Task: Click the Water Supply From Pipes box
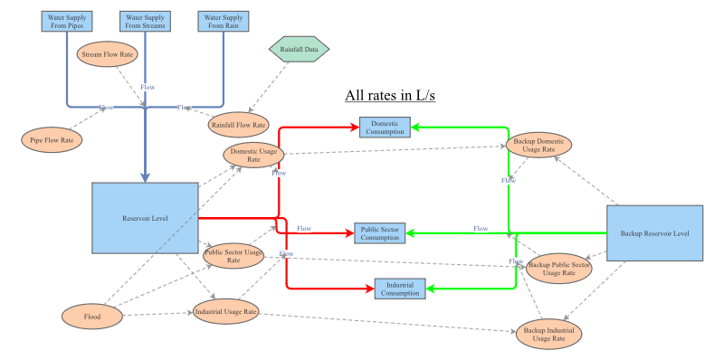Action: [68, 21]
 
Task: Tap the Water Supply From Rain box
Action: [224, 21]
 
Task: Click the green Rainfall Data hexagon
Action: [299, 50]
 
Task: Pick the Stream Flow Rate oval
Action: [108, 54]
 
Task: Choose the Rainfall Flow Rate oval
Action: [238, 125]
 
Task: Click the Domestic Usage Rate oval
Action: [254, 155]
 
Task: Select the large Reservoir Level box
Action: [145, 217]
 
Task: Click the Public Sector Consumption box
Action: [378, 233]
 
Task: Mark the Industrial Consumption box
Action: [399, 289]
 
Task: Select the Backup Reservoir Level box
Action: [654, 233]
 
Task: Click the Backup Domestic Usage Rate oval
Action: [538, 146]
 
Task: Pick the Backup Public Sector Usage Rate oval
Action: [558, 267]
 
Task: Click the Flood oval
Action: [91, 316]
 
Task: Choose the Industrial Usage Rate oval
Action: [225, 312]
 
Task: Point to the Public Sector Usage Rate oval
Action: [233, 255]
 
